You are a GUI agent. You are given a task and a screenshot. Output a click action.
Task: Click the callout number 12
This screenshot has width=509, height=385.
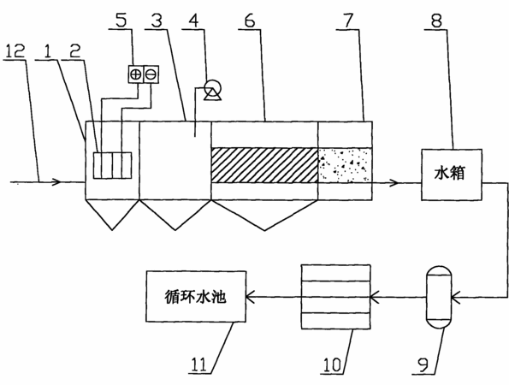[15, 51]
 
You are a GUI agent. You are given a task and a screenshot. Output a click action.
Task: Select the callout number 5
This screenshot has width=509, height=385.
[121, 21]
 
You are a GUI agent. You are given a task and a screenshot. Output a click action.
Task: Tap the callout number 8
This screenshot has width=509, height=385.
[436, 21]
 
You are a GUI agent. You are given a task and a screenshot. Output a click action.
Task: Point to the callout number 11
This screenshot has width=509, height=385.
[198, 364]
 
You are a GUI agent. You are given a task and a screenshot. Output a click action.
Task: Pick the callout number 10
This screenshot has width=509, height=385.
[332, 364]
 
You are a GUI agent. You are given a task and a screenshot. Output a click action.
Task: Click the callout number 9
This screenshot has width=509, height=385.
[423, 365]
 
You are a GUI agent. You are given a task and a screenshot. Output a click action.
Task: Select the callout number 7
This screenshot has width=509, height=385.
[347, 21]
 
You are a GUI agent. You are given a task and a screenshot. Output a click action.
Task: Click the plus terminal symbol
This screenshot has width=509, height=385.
[135, 74]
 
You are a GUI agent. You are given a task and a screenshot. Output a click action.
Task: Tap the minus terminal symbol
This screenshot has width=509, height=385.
[151, 74]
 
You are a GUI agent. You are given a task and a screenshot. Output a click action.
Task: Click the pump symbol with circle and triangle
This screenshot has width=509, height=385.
[212, 89]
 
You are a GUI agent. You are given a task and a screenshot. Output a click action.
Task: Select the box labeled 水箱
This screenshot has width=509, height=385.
[452, 175]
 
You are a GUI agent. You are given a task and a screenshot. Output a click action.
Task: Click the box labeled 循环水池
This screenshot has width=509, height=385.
[196, 296]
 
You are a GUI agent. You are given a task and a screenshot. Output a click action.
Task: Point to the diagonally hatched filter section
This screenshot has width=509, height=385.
[264, 165]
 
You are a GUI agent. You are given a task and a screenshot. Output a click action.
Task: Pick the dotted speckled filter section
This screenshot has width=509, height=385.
[345, 165]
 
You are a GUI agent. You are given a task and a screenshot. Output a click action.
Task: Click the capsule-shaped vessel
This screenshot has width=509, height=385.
[439, 297]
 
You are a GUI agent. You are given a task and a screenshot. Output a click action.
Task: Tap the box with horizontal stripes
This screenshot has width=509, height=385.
[335, 297]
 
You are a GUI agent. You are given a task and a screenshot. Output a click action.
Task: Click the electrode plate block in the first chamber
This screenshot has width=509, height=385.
[112, 165]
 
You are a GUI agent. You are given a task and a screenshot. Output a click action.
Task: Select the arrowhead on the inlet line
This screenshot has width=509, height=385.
[56, 181]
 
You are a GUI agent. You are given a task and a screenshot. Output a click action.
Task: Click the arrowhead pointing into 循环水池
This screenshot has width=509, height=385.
[251, 297]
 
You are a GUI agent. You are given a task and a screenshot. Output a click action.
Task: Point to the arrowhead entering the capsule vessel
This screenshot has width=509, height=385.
[456, 297]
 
